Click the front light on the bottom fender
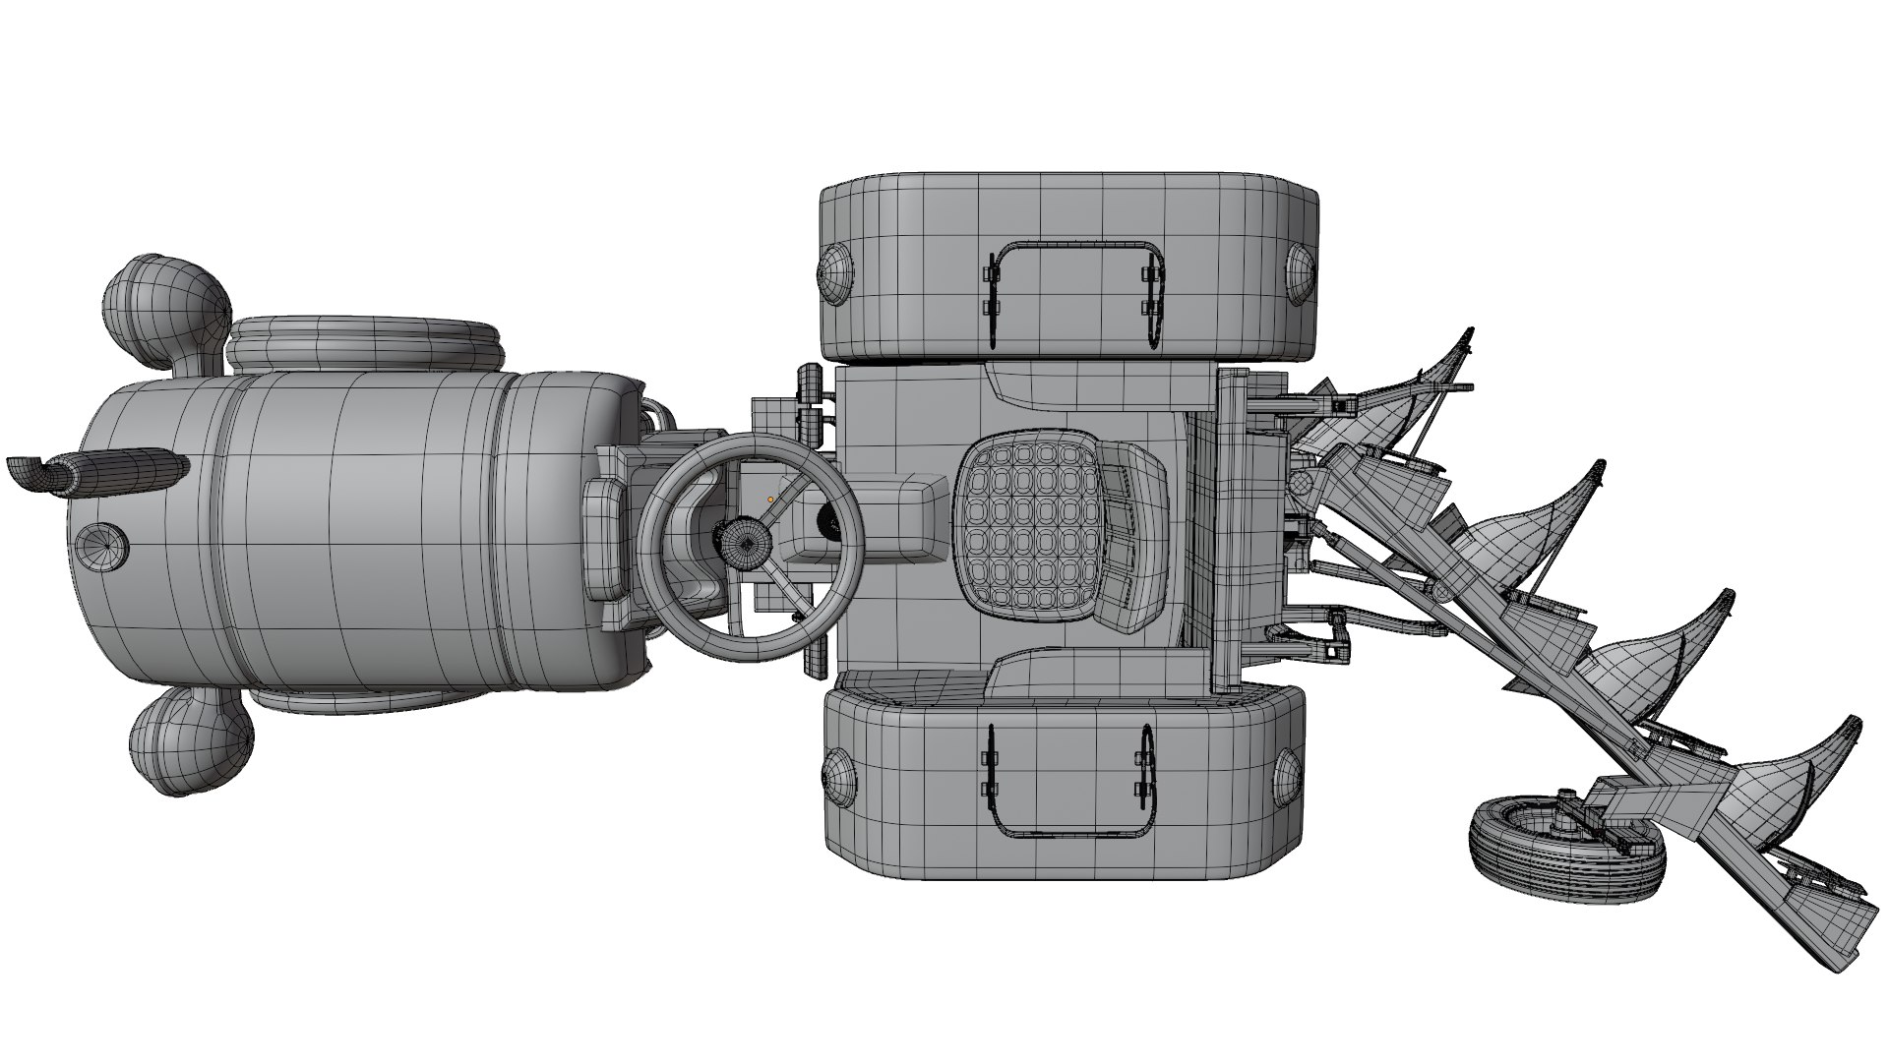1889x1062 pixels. click(839, 777)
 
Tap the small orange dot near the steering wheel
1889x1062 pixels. click(770, 500)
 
